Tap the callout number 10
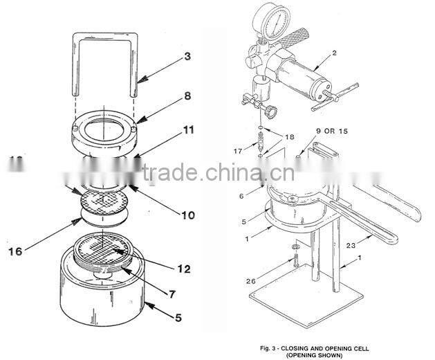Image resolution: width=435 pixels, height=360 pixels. click(x=188, y=215)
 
